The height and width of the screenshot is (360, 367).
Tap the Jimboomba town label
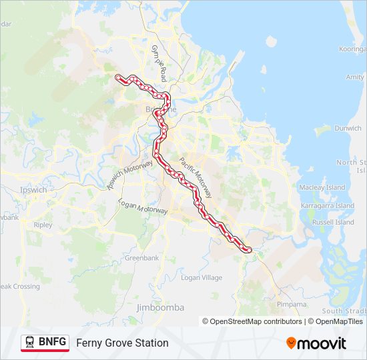click(x=160, y=307)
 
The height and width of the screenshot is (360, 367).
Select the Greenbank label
click(x=141, y=257)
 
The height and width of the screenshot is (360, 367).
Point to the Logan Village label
click(x=202, y=277)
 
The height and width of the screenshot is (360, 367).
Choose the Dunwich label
click(x=348, y=128)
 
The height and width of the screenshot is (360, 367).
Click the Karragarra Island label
click(x=328, y=205)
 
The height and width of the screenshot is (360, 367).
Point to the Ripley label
click(x=43, y=225)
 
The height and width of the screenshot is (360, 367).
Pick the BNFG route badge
click(x=45, y=343)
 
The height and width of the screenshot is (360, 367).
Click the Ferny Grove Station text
click(x=122, y=343)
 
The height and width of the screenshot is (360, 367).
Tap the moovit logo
click(x=316, y=343)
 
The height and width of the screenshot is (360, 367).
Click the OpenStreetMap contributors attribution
click(x=252, y=321)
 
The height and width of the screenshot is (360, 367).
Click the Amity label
click(x=355, y=77)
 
